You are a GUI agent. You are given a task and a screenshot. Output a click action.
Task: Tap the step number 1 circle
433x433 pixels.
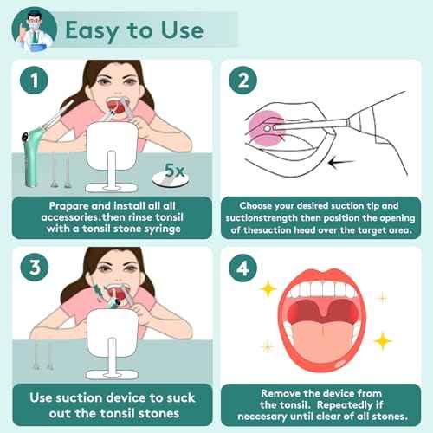(x=31, y=82)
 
